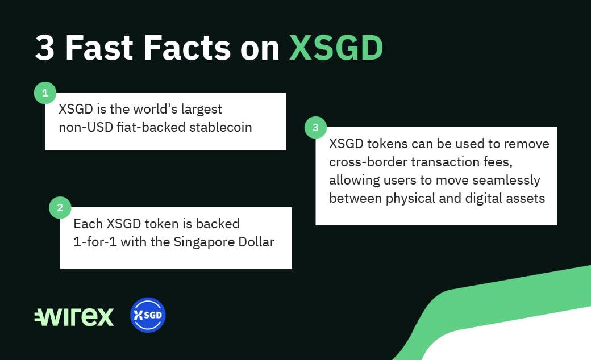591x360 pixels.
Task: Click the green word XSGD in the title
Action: tap(336, 48)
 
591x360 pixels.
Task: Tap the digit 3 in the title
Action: tap(45, 48)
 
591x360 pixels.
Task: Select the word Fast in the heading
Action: tap(99, 48)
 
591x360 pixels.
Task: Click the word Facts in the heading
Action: tap(187, 48)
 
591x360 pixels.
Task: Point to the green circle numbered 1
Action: tap(45, 93)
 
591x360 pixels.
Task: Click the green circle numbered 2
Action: tap(60, 207)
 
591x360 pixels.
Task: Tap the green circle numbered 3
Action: tap(315, 127)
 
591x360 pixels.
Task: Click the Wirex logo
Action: tap(74, 317)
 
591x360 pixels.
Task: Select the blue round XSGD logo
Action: tap(148, 315)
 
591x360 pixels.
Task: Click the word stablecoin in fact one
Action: tap(220, 127)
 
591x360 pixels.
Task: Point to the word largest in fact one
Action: tap(202, 110)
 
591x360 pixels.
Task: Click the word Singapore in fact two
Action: tap(199, 242)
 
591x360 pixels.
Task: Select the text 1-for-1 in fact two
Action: tap(95, 242)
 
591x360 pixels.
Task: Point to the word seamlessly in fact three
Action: tap(506, 181)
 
